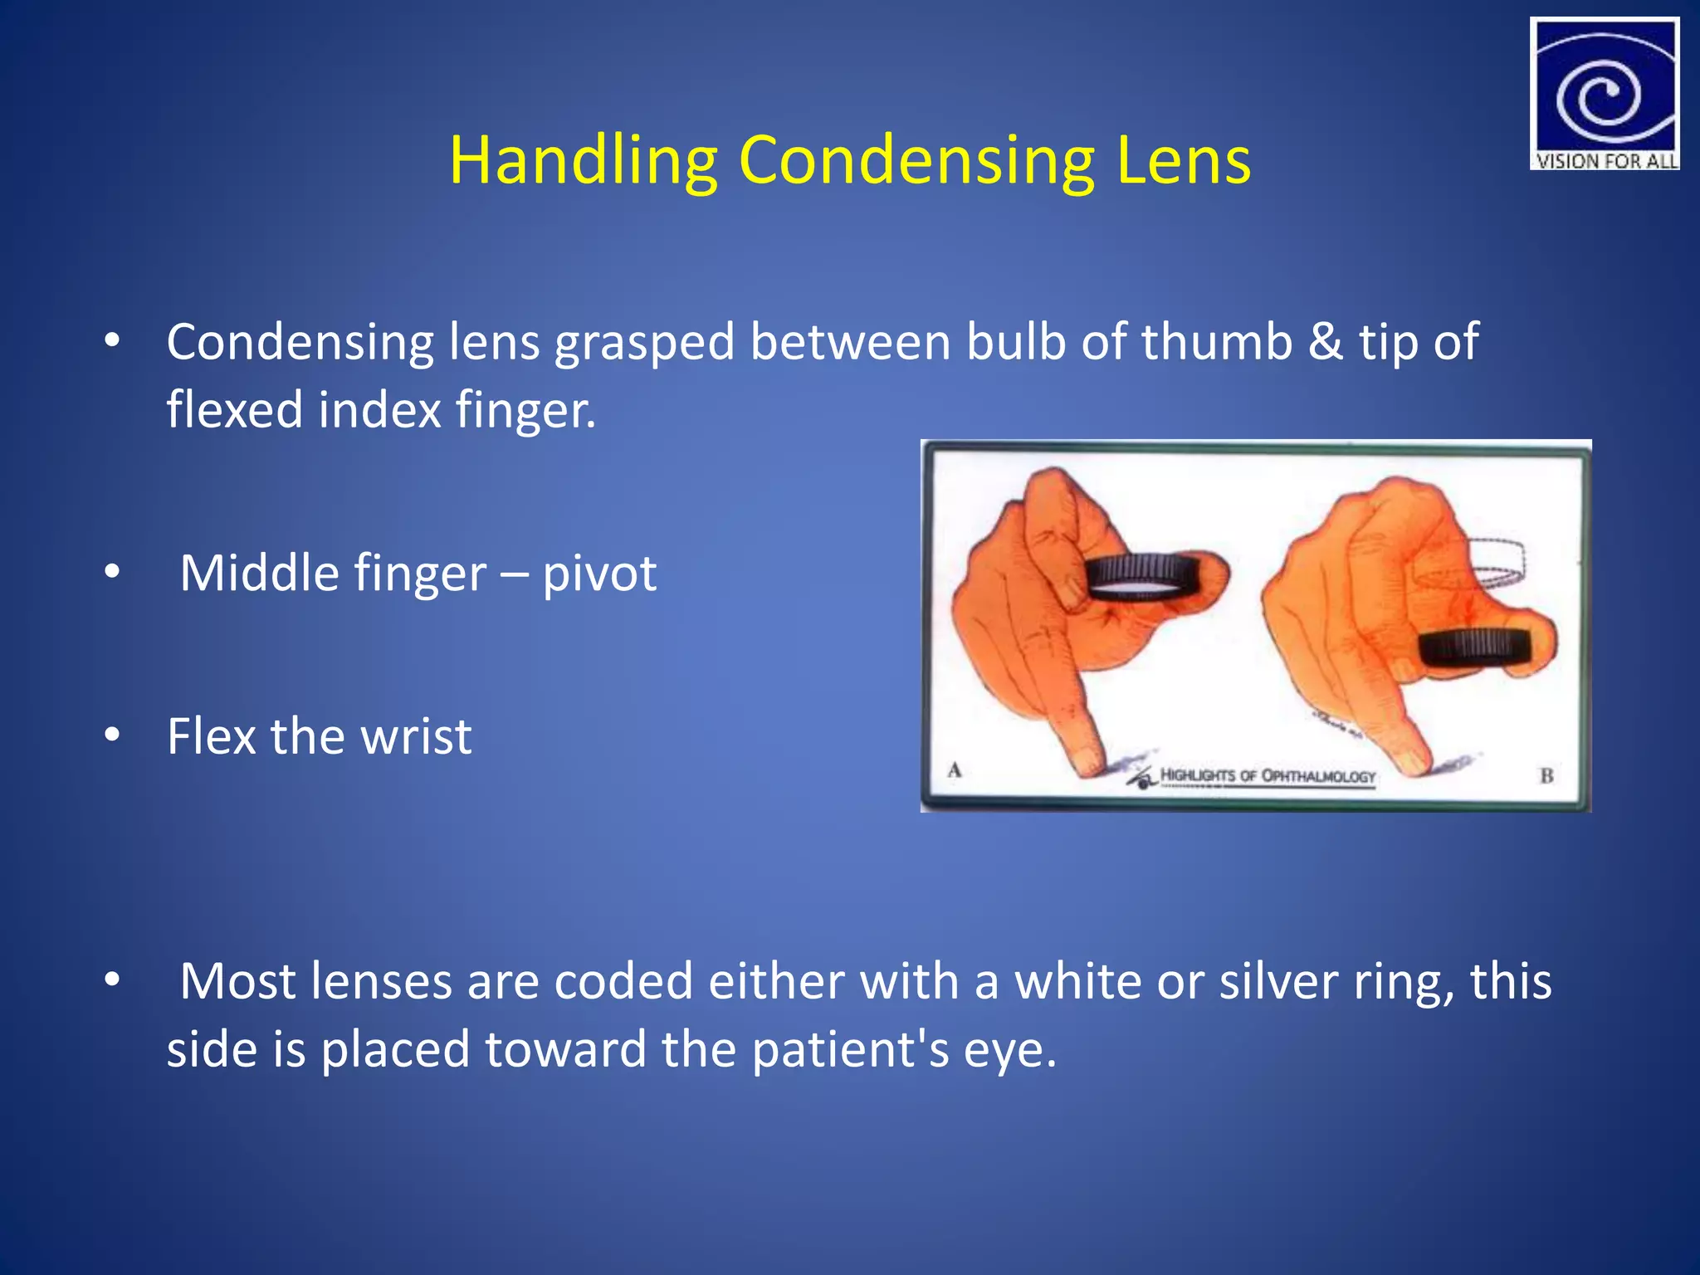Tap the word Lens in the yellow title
tap(1184, 161)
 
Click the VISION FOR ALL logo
tap(1604, 94)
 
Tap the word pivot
tap(599, 574)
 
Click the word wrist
tap(416, 736)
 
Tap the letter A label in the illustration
tap(955, 769)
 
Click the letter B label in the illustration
tap(1546, 776)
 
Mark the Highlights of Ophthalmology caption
tap(1267, 776)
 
